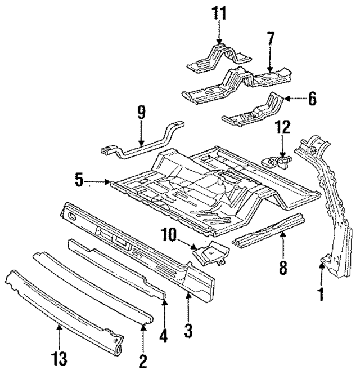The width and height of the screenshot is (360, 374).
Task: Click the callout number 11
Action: coord(218,12)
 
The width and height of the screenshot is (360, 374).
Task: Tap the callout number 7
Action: coord(270,39)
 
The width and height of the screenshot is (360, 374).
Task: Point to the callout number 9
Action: coord(141,112)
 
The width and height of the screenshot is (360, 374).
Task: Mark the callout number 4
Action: coord(164,336)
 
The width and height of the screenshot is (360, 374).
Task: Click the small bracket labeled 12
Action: coord(280,162)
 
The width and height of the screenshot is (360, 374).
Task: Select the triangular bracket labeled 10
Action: coord(209,253)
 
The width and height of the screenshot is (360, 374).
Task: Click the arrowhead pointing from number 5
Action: coord(109,182)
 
